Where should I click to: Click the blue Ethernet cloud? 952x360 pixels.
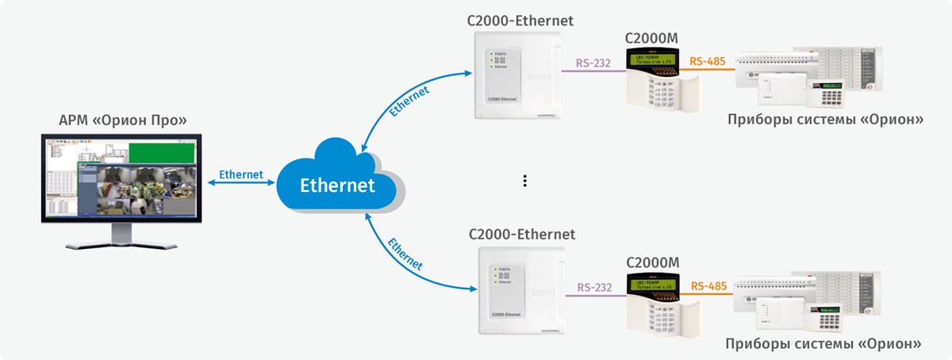coord(336,184)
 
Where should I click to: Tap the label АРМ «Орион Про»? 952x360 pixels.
coord(123,121)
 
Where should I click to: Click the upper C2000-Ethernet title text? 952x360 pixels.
coord(520,19)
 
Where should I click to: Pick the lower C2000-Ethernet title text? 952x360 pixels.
coord(522,235)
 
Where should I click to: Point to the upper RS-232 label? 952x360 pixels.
coord(593,63)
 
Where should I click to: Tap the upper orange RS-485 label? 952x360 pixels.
coord(708,61)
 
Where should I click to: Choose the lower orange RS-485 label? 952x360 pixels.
coord(709,285)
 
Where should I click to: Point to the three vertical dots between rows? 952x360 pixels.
coord(525,181)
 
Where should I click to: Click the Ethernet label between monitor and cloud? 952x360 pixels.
coord(240,174)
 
